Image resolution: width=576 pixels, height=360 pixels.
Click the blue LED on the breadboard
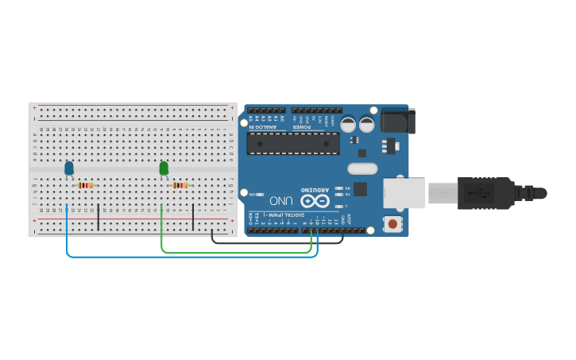coord(69,168)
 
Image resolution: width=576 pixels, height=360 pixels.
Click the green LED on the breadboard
coord(164,168)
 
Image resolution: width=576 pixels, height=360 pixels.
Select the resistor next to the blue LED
coord(85,186)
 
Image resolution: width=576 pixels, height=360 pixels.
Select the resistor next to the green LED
coord(180,186)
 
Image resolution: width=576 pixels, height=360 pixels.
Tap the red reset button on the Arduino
coord(392,224)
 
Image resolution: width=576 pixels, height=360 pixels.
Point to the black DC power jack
coord(397,120)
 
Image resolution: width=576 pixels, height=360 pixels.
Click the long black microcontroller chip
coord(293,143)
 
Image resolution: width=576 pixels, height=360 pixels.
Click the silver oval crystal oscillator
coord(361,168)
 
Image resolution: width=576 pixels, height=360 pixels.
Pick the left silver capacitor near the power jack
coord(349,124)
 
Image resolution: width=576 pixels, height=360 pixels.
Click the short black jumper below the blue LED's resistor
coord(99,216)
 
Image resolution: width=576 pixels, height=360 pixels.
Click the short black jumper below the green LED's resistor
coord(193,216)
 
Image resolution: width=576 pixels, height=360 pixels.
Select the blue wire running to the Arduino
coord(191,257)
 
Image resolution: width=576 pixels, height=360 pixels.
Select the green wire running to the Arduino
coord(238,253)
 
